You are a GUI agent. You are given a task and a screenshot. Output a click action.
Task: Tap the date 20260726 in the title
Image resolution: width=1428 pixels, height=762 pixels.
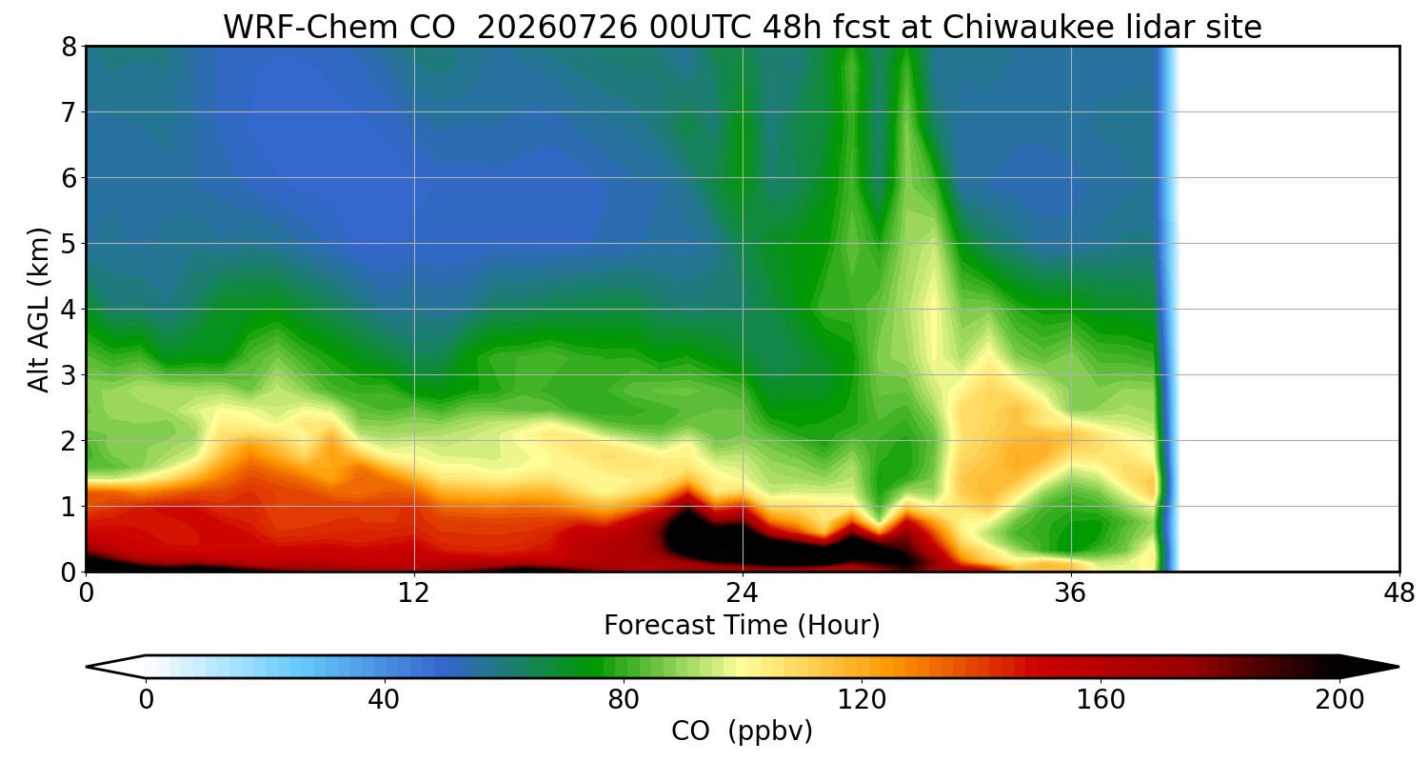[x=557, y=28]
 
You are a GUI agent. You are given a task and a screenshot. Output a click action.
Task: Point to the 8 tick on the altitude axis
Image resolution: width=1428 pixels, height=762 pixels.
[x=69, y=48]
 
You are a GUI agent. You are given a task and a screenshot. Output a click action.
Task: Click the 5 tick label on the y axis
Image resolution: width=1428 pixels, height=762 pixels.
[x=69, y=244]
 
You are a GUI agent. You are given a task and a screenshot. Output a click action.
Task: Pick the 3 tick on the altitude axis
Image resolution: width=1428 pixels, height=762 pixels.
[x=69, y=375]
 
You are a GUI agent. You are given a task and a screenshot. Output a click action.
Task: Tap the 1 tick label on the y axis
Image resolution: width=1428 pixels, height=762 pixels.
[x=69, y=507]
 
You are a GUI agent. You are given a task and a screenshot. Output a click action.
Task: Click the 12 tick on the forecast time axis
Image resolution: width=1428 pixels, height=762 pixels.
[x=414, y=594]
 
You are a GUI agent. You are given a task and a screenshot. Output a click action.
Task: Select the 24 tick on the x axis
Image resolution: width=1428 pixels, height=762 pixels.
[x=743, y=594]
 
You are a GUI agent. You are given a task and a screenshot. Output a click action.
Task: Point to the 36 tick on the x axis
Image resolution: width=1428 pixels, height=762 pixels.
[x=1070, y=594]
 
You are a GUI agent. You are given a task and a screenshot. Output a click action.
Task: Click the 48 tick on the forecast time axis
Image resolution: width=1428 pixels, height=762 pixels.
[x=1399, y=594]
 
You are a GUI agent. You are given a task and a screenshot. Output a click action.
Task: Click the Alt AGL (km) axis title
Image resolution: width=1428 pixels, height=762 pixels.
[x=38, y=310]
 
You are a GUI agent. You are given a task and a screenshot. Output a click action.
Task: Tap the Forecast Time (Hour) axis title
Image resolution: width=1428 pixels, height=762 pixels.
[x=742, y=626]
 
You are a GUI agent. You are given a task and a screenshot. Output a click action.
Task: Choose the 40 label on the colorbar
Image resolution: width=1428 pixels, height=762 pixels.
[x=384, y=700]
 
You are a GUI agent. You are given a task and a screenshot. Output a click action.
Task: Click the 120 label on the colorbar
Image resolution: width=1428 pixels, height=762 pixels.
[x=862, y=700]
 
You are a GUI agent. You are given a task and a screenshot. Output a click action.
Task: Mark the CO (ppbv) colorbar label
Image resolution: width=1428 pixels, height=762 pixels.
[x=742, y=732]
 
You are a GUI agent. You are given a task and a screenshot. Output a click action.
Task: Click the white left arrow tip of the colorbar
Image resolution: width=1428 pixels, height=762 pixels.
[x=88, y=667]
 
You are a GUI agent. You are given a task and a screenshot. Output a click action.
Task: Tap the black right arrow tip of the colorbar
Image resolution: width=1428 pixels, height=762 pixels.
[x=1398, y=667]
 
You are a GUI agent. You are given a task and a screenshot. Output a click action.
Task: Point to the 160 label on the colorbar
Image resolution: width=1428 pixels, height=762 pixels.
[x=1101, y=700]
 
